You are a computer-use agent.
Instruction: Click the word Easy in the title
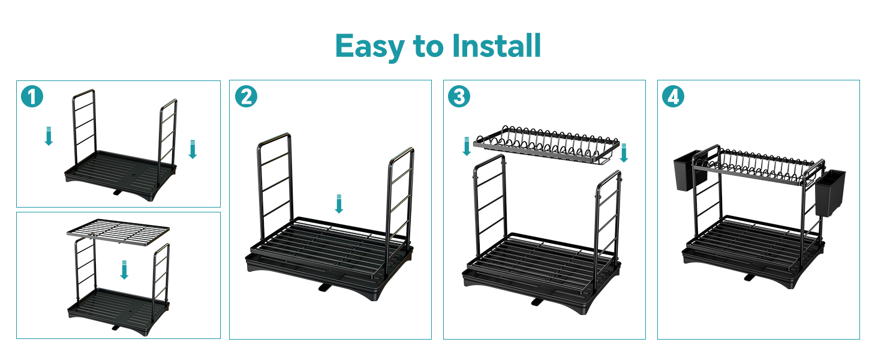coord(369,47)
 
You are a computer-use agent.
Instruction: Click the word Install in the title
coord(497,46)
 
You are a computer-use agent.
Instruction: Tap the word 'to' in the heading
coord(428,47)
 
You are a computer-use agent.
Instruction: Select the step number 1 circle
coord(32,97)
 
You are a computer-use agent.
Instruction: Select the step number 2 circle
coord(246,97)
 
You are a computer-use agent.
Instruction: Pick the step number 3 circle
coord(459,97)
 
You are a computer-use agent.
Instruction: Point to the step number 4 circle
coord(673,97)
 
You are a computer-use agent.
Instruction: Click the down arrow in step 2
coord(339,204)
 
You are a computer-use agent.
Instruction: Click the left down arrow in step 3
coord(467,146)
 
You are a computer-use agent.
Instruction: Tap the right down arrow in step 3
coord(624,153)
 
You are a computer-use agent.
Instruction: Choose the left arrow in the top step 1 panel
coord(49,136)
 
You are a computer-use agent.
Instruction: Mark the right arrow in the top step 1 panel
coord(193,149)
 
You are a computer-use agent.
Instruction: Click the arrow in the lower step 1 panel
coord(124,270)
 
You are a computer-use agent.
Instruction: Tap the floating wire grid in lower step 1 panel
coord(118,232)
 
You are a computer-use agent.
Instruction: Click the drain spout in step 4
coord(749,278)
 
